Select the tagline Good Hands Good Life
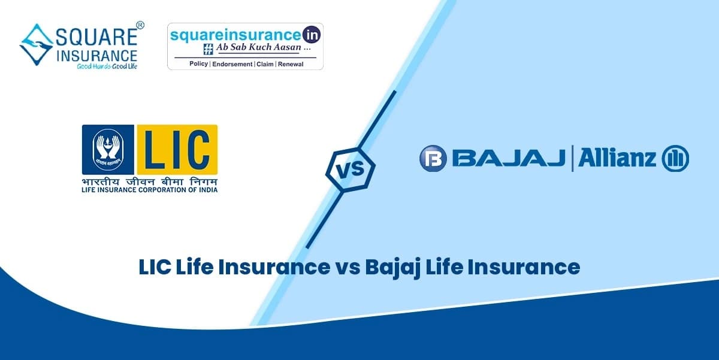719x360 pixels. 106,67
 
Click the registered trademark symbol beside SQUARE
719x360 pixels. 140,25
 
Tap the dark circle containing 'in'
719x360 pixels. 312,34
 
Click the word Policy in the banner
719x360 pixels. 198,63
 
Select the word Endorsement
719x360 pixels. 232,63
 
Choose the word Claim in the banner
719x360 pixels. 264,63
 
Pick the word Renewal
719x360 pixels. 291,63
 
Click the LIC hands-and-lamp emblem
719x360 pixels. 108,150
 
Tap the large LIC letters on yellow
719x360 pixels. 177,150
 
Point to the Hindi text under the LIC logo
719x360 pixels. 150,181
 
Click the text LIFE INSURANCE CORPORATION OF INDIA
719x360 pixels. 150,190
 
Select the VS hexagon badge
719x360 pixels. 350,169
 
